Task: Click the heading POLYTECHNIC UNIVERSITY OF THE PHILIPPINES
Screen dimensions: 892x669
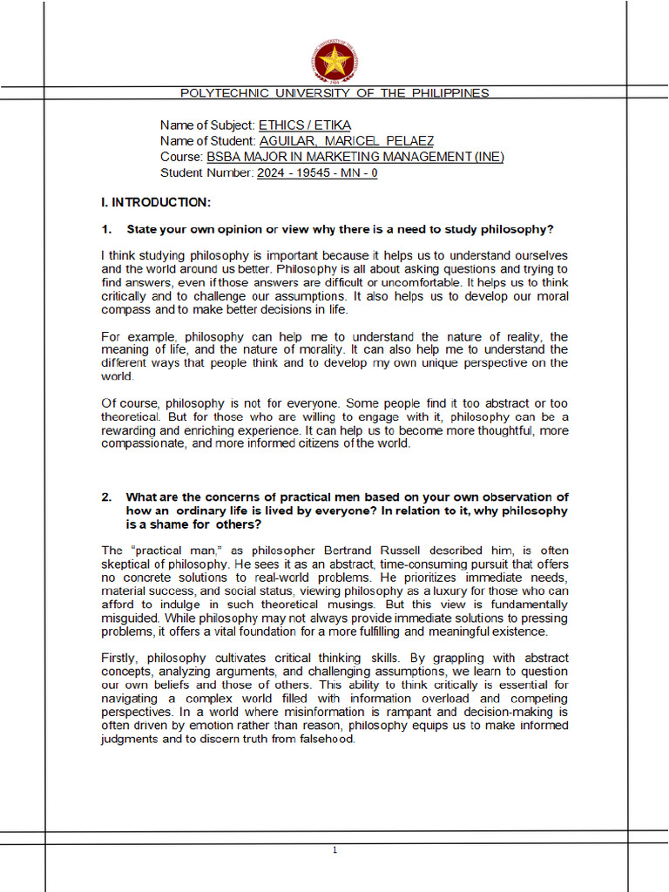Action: coord(334,93)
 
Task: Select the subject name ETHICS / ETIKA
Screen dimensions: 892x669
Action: coord(305,125)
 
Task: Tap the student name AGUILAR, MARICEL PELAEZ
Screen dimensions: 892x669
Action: coord(346,141)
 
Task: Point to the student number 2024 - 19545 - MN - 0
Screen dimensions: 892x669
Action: coord(317,172)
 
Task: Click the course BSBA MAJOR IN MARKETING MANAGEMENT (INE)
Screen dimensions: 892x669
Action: coord(355,157)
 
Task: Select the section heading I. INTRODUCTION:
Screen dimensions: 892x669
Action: coord(156,203)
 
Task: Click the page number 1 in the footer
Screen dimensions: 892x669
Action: coord(334,850)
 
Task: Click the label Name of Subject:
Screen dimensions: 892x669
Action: coord(207,125)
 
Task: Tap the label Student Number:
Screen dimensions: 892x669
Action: coord(207,172)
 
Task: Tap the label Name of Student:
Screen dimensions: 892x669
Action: coord(207,141)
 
